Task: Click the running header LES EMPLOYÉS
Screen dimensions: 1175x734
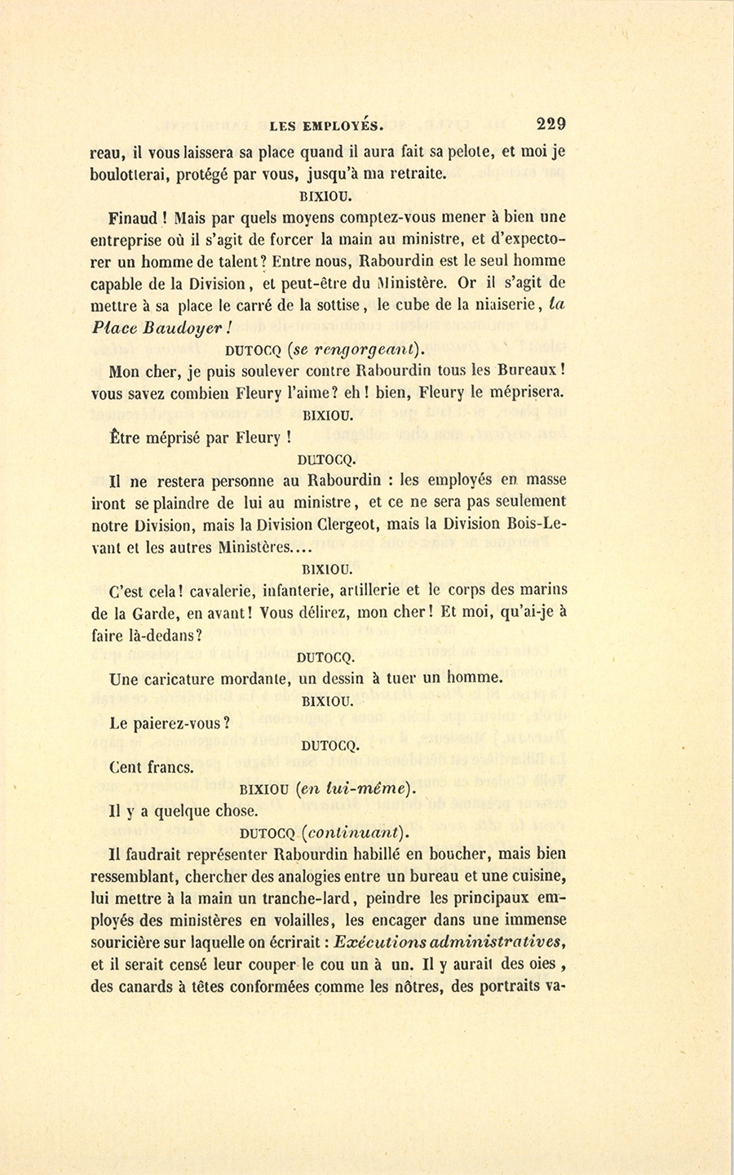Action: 325,126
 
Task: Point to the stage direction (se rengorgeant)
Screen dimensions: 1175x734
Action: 355,351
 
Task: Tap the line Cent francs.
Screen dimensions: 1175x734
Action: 150,766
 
